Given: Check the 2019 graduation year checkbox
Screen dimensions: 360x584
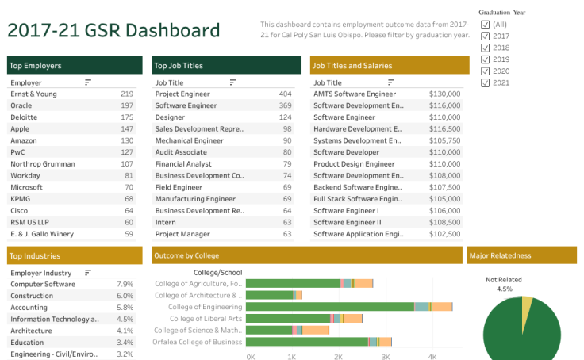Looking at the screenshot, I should [485, 59].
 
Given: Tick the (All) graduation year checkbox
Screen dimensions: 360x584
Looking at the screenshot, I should [485, 25].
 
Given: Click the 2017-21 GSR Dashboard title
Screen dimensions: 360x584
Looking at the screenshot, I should [113, 31].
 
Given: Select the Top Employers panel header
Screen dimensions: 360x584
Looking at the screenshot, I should [75, 66].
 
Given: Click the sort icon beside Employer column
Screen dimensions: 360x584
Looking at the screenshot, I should [88, 82].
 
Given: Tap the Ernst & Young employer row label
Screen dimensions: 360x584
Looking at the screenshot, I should [33, 94].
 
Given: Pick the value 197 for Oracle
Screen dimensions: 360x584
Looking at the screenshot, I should [127, 105].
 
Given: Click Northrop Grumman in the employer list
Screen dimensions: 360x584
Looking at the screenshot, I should [43, 163].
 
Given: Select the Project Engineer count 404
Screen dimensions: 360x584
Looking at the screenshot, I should [285, 94].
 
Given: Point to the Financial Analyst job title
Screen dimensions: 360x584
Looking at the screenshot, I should [183, 163].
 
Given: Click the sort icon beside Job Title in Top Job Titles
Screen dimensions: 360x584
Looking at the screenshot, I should [232, 82].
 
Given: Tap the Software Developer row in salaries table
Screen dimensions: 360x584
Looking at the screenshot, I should [346, 151].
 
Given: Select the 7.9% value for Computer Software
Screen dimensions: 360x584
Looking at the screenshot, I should [125, 284].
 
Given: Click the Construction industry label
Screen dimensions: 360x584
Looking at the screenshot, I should [32, 295].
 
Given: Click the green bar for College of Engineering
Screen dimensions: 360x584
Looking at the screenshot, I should [329, 307].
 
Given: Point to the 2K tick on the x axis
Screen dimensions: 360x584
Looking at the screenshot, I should [339, 357].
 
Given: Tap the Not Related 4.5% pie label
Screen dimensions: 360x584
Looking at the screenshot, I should [505, 284].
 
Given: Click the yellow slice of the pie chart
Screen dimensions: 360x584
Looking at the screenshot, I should [526, 306].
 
